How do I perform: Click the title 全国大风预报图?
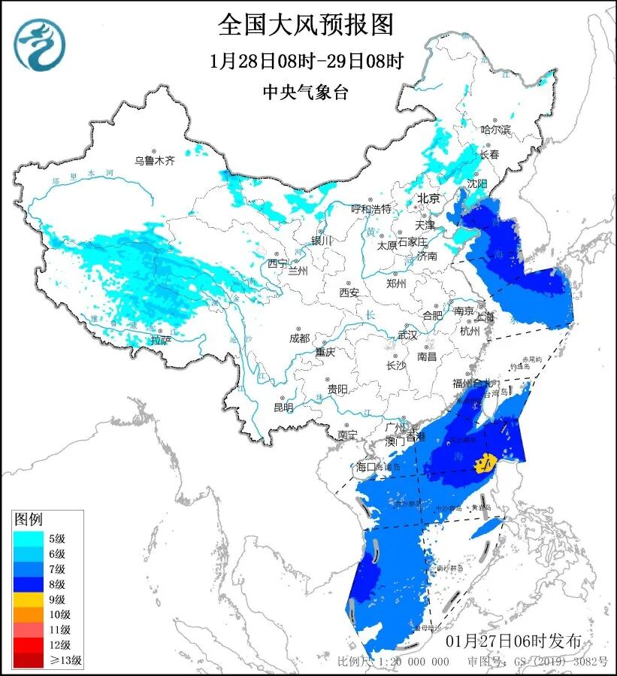pos(306,25)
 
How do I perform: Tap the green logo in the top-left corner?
pos(39,44)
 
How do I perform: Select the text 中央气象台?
pos(306,92)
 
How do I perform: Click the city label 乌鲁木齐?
pos(154,160)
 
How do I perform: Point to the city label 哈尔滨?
pos(495,130)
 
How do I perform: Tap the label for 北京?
pos(428,199)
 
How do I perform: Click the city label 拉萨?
pos(160,340)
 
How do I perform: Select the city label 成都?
pos(299,338)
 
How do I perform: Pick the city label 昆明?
pos(283,407)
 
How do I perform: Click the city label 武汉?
pos(407,335)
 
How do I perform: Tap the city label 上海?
pos(485,317)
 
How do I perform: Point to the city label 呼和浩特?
pos(371,208)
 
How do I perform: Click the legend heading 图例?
pos(30,519)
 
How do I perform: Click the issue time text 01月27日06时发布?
pos(513,641)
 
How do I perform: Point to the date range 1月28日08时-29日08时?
pos(306,61)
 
